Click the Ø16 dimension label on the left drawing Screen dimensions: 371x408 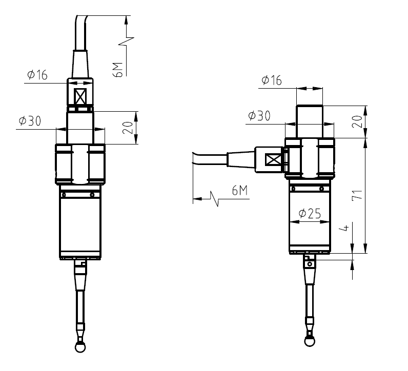[37, 75]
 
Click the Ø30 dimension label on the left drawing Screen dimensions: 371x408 [29, 121]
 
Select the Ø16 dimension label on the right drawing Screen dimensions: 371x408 [271, 80]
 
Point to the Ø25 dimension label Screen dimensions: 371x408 [309, 214]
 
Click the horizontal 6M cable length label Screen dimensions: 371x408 [239, 192]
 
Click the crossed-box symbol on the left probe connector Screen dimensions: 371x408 [80, 97]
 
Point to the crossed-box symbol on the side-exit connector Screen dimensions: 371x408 [272, 159]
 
